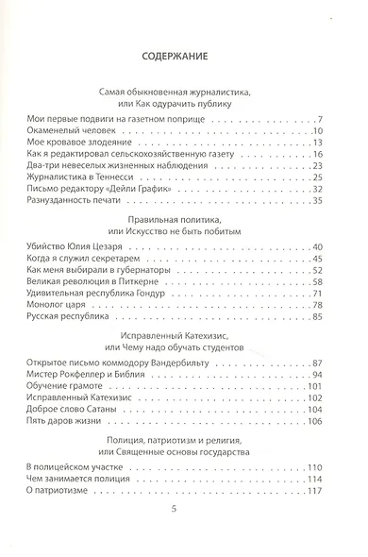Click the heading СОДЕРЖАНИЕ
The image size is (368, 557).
click(x=185, y=56)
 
